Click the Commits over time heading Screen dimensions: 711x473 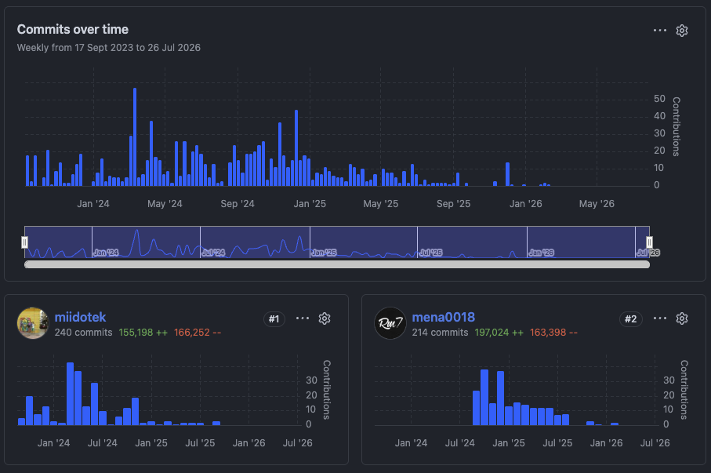tap(73, 30)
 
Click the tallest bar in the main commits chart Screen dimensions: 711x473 tap(135, 137)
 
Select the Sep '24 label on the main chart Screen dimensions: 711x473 tap(238, 204)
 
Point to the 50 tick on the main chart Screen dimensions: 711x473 tap(659, 99)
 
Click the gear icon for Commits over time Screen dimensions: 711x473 tap(682, 31)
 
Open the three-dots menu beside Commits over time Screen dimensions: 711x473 tap(660, 31)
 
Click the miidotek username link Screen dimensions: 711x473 tap(80, 317)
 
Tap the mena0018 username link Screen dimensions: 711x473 tap(444, 317)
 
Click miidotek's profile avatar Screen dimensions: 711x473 tap(33, 323)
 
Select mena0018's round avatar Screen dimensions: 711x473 tap(390, 323)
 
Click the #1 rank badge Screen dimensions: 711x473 tap(274, 318)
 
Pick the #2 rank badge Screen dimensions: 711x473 tap(631, 318)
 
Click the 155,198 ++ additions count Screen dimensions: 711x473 tap(143, 333)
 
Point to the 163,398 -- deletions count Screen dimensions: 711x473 tap(553, 333)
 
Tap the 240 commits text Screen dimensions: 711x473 tap(83, 333)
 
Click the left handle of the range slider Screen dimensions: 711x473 tap(24, 242)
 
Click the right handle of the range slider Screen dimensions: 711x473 tap(649, 242)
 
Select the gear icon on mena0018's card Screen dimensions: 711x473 tap(682, 318)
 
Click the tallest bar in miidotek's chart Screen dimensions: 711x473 tap(71, 394)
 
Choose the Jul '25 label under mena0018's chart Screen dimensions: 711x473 tap(557, 442)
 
